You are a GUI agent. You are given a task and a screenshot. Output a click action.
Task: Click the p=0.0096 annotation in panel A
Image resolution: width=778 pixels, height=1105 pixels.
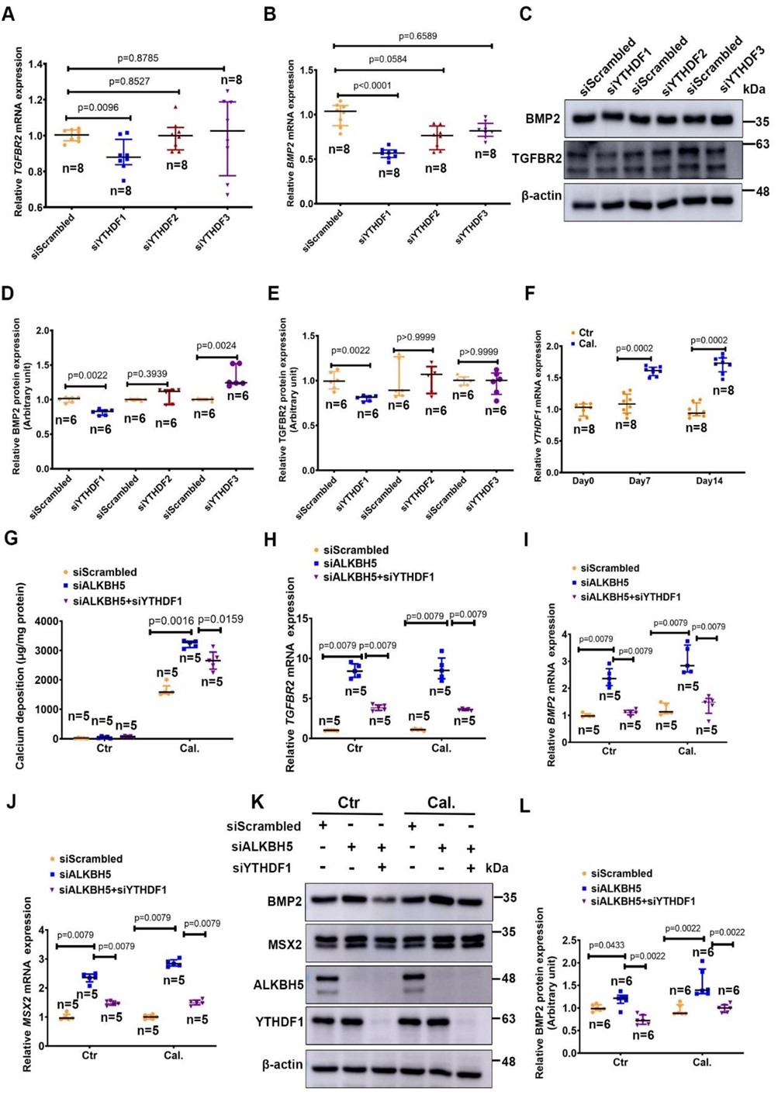(x=98, y=108)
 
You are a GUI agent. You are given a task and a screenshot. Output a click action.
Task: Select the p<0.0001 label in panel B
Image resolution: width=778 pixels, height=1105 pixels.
(x=372, y=85)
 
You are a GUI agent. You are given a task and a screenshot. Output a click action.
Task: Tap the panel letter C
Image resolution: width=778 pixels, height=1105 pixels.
(x=525, y=14)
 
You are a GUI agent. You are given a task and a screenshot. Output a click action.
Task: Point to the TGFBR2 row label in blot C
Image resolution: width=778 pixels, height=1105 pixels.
(x=537, y=158)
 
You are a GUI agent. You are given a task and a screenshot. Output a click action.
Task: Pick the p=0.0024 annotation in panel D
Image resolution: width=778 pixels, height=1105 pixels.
(x=216, y=346)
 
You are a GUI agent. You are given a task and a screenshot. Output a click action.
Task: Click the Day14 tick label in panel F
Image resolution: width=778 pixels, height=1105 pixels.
(x=709, y=481)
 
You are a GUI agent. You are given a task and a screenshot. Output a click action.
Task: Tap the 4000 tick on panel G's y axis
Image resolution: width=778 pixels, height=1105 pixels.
(x=47, y=621)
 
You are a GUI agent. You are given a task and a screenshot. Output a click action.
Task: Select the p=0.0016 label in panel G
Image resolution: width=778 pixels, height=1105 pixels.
(x=171, y=620)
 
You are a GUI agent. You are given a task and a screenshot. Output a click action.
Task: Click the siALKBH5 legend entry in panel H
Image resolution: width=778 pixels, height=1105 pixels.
(x=350, y=563)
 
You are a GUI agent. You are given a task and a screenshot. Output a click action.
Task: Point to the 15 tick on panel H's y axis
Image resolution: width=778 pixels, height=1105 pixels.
(x=304, y=619)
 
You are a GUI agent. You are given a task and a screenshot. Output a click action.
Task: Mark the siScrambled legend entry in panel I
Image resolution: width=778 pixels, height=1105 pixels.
(x=610, y=568)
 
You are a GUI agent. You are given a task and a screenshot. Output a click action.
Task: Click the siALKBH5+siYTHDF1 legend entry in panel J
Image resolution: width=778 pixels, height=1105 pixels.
(x=112, y=889)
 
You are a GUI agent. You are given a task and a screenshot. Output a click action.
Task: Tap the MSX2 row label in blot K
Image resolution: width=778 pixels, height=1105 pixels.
(x=285, y=943)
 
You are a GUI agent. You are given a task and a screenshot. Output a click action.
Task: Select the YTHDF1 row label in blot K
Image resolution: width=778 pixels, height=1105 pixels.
(x=279, y=1022)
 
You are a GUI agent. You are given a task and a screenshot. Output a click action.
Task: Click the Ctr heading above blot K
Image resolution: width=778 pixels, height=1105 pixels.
(x=348, y=803)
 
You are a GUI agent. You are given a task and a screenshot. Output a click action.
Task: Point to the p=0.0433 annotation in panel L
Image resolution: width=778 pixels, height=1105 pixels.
(x=607, y=945)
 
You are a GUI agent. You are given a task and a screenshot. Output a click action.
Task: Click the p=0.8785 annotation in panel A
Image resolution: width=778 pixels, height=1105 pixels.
(x=138, y=58)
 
